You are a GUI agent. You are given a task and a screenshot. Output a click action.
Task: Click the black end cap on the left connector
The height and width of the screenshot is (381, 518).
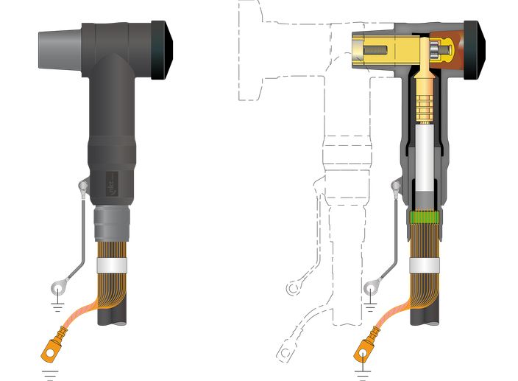[x=163, y=50]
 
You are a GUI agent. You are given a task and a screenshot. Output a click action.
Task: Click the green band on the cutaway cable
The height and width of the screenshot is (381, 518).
[x=425, y=217]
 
